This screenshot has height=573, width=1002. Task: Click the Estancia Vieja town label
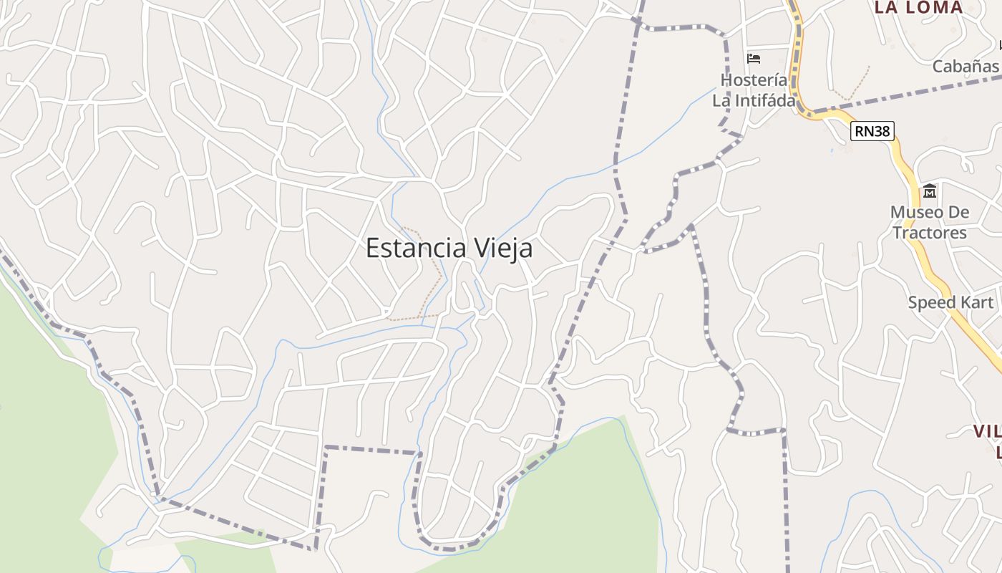[449, 249]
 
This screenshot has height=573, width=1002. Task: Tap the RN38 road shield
[872, 131]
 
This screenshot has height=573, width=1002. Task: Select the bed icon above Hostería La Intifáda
[754, 58]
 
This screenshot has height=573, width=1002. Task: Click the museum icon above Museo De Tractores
[930, 191]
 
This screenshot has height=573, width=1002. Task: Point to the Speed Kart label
[950, 302]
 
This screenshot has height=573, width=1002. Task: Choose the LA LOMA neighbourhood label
[919, 8]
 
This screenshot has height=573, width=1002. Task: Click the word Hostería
[754, 80]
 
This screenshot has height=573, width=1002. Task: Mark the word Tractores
[930, 233]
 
